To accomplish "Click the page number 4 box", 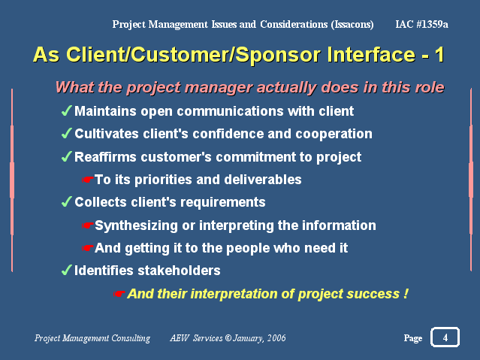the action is (445, 337).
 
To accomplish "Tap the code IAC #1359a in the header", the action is (421, 24).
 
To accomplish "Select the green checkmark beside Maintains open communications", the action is (67, 110).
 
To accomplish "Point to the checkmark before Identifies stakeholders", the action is (67, 270).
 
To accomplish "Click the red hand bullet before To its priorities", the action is (88, 180).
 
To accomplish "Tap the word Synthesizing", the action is (136, 225).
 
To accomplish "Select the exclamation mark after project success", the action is (406, 294).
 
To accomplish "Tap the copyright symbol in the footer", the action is (228, 338).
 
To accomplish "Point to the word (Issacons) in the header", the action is (352, 24).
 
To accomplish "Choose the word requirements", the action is (223, 202).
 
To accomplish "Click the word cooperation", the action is (334, 134).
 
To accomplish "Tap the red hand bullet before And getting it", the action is (88, 248).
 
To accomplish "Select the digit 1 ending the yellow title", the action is (439, 55).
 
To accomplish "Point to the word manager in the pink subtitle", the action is (219, 88).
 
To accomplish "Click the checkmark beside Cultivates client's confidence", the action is (67, 133).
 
